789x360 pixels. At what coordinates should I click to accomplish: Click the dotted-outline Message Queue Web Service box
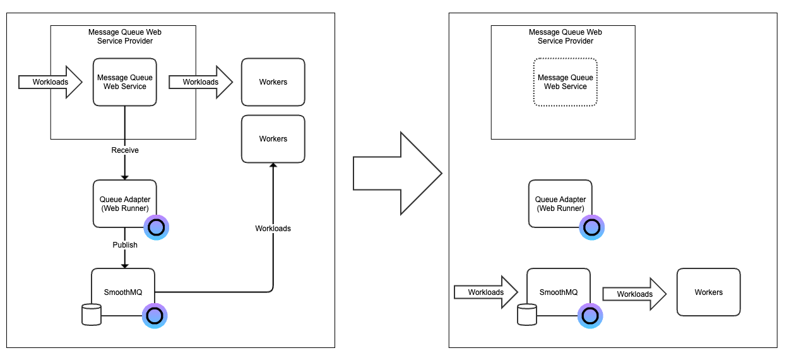pyautogui.click(x=565, y=82)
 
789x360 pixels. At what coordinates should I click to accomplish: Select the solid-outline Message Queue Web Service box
pyautogui.click(x=124, y=82)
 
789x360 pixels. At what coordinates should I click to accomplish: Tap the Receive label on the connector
pyautogui.click(x=125, y=150)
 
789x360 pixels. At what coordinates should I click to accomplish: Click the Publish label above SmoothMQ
pyautogui.click(x=125, y=244)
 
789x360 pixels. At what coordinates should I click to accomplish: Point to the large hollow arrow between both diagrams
pyautogui.click(x=396, y=174)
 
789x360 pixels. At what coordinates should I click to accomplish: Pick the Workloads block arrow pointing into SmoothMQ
pyautogui.click(x=485, y=292)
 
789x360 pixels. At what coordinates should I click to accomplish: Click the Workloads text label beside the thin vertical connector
pyautogui.click(x=273, y=228)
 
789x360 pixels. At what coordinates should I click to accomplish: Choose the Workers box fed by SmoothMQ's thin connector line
pyautogui.click(x=273, y=138)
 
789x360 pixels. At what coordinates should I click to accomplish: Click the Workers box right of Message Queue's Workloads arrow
pyautogui.click(x=273, y=82)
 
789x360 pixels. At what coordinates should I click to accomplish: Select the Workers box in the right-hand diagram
pyautogui.click(x=708, y=292)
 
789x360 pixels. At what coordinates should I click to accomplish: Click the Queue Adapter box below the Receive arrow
pyautogui.click(x=124, y=203)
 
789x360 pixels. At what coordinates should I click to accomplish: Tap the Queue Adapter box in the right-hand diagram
pyautogui.click(x=560, y=203)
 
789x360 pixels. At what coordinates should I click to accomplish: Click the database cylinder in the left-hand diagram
pyautogui.click(x=92, y=314)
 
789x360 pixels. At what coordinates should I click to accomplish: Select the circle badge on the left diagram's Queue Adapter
pyautogui.click(x=156, y=227)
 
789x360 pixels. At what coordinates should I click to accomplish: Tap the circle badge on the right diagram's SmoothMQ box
pyautogui.click(x=590, y=316)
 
